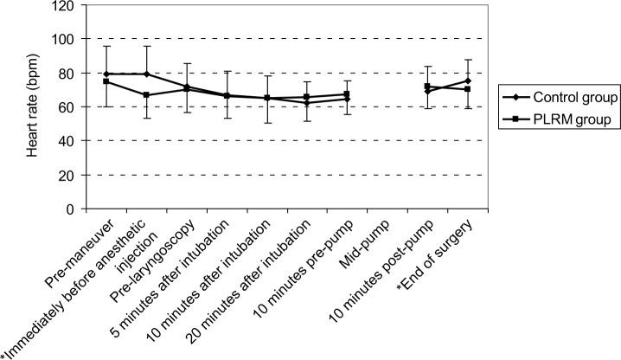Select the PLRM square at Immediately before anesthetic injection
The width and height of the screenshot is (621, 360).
coord(147,95)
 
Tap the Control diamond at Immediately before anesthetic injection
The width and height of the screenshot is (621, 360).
coord(147,74)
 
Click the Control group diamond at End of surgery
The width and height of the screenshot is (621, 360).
coord(468,80)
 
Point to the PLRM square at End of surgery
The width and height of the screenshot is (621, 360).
coord(468,89)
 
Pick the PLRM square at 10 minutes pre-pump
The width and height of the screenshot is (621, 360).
coord(347,94)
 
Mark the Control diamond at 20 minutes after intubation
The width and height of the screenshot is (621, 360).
coord(307,103)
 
